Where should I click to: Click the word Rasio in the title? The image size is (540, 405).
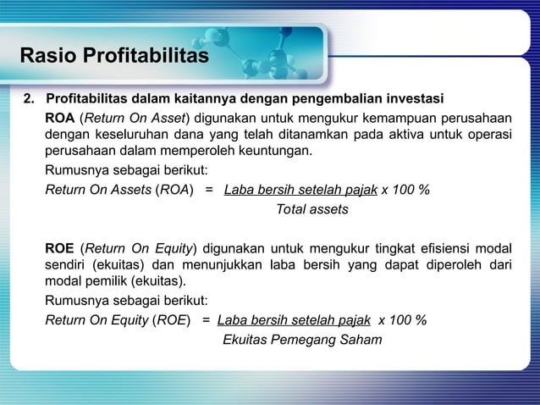point(45,57)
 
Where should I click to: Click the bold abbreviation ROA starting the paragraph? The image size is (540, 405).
point(59,116)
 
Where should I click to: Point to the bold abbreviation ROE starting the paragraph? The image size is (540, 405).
point(59,247)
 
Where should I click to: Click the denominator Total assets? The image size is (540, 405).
point(311,208)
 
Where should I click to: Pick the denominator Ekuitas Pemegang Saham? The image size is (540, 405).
point(301,340)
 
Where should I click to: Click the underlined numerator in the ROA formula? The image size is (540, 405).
point(300,189)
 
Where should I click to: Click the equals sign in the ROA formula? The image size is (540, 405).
point(209,189)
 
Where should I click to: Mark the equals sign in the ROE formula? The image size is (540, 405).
point(205,320)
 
